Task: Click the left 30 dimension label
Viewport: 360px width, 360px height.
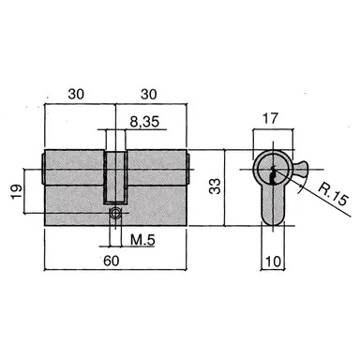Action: pyautogui.click(x=76, y=94)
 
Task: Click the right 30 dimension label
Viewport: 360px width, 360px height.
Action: pyautogui.click(x=149, y=94)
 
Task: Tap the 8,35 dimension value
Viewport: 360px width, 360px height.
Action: pyautogui.click(x=144, y=122)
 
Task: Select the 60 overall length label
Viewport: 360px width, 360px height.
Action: pyautogui.click(x=112, y=261)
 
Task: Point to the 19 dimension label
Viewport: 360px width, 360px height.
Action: pyautogui.click(x=17, y=191)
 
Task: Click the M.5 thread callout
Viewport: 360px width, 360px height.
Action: pyautogui.click(x=142, y=240)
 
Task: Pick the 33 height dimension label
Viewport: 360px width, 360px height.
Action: pyautogui.click(x=215, y=187)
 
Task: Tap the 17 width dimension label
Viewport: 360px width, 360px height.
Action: pyautogui.click(x=270, y=119)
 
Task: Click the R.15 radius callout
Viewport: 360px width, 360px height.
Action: pyautogui.click(x=333, y=195)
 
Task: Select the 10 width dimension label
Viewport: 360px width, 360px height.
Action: pyautogui.click(x=273, y=262)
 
